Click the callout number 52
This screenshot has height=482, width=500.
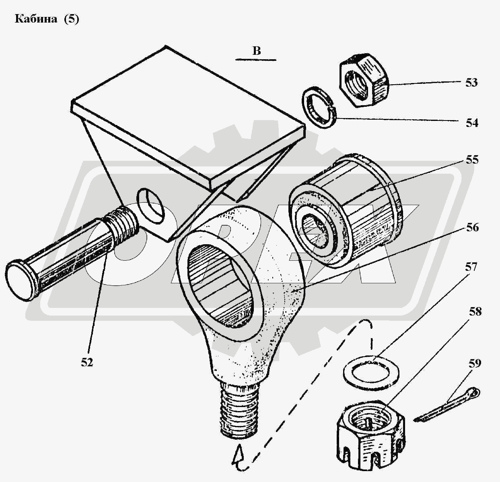(x=86, y=363)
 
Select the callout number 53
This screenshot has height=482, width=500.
(x=471, y=83)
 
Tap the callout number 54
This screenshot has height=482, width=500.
(x=472, y=123)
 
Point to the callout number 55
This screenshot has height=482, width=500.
(x=472, y=160)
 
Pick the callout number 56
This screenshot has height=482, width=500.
(x=472, y=228)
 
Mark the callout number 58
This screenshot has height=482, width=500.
(x=475, y=312)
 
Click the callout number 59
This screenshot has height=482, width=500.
(x=474, y=364)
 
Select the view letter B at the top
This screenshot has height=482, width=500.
(x=257, y=51)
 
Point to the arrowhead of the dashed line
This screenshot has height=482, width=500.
(x=238, y=457)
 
